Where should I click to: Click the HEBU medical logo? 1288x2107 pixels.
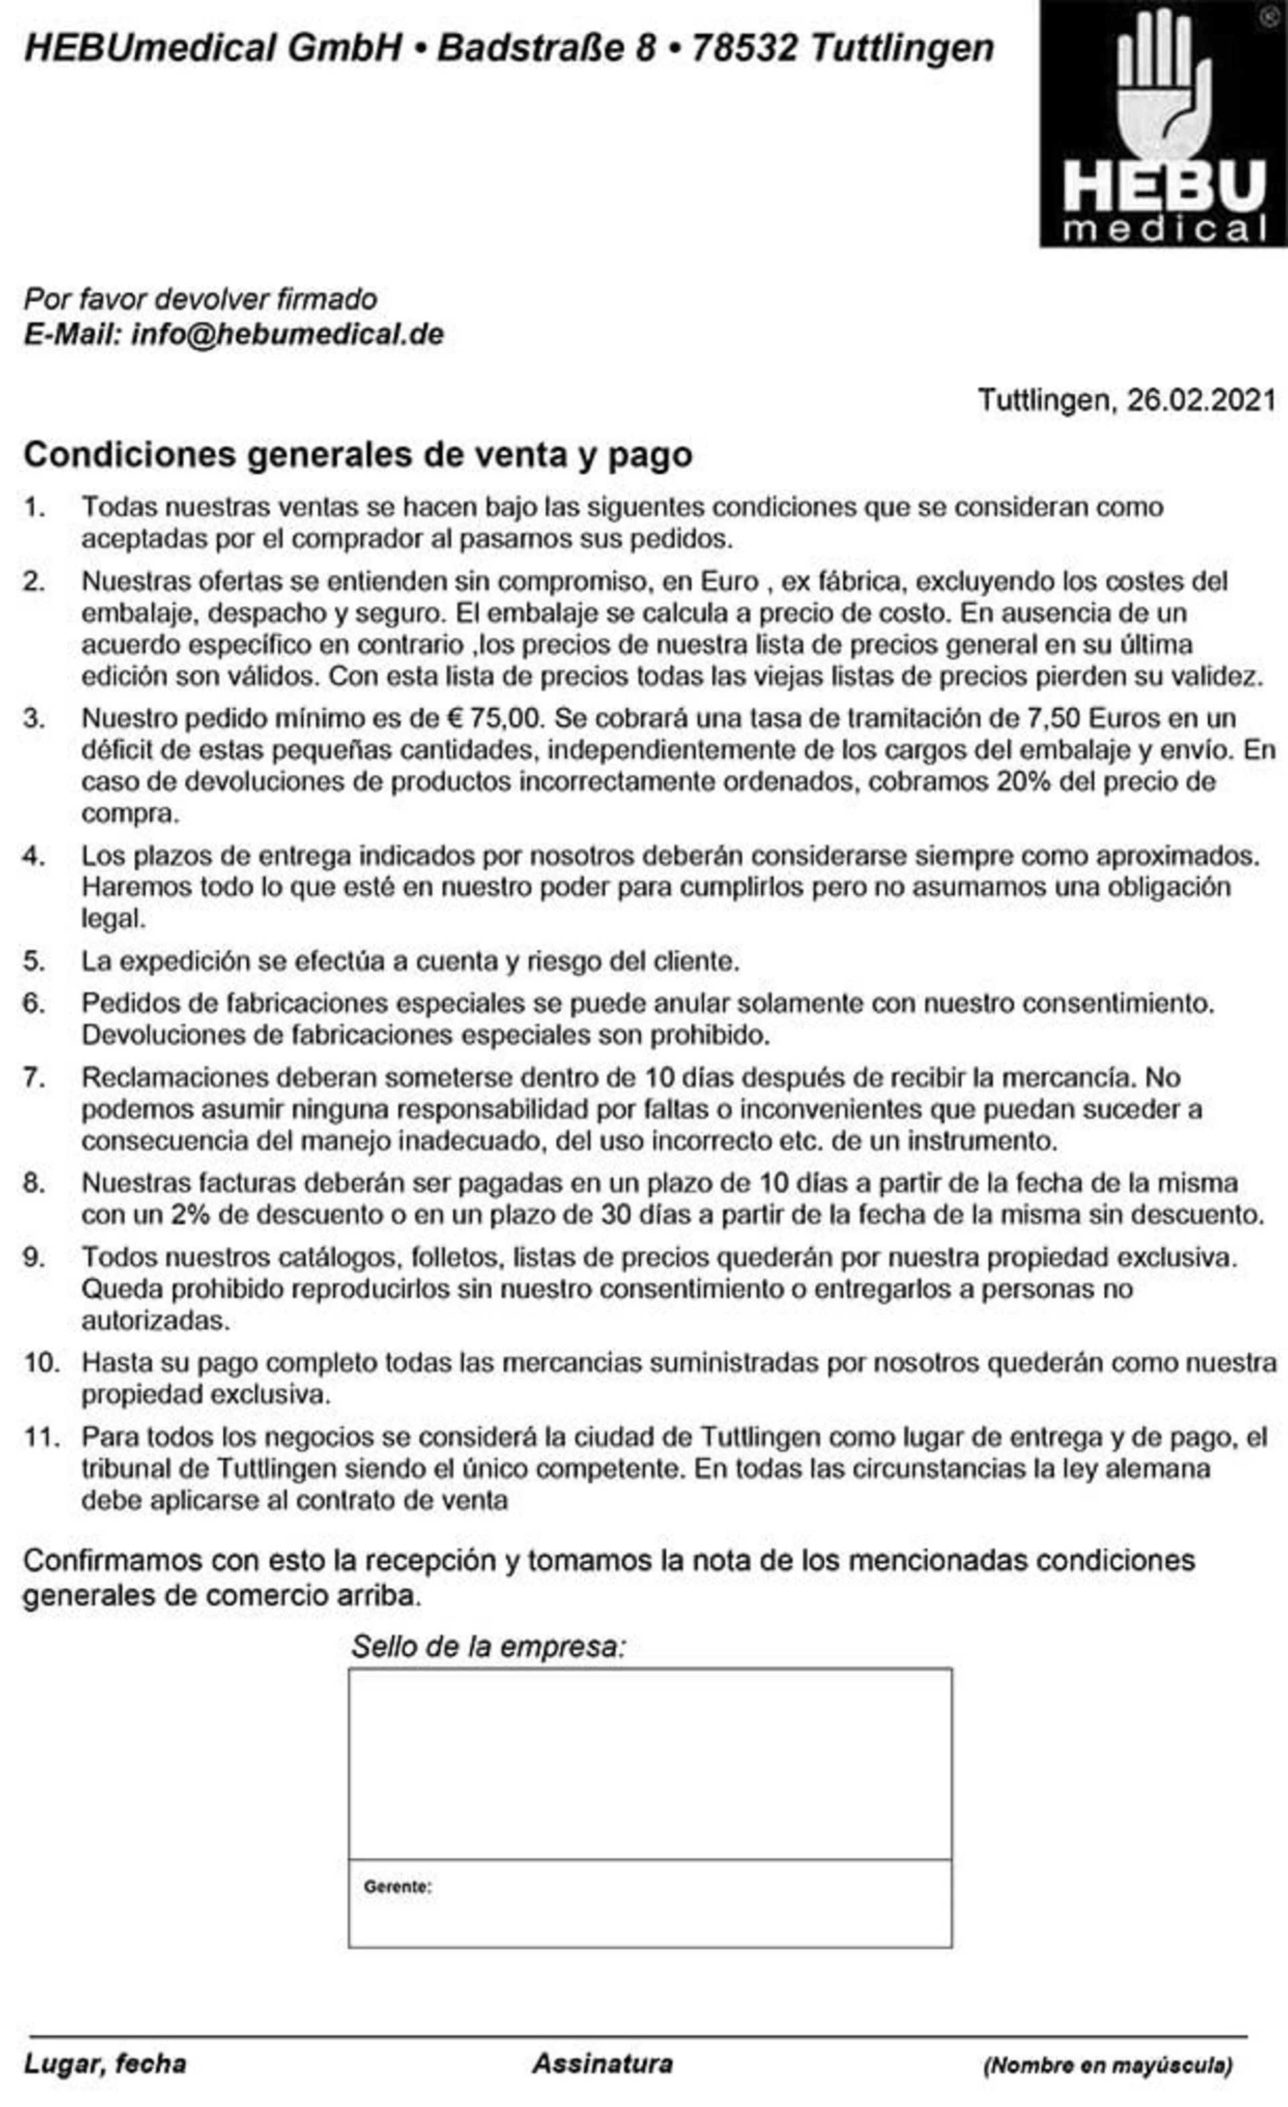pos(1163,124)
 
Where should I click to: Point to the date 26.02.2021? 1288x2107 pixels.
pos(1201,400)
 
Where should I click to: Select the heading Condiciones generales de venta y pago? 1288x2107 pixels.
pos(358,454)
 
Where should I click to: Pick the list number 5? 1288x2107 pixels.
pos(34,960)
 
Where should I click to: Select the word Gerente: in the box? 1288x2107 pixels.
pos(398,1886)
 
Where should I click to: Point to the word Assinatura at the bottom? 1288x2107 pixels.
pos(602,2063)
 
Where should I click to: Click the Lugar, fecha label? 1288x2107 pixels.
pos(105,2063)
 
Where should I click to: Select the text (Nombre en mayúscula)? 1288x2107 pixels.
pos(1108,2065)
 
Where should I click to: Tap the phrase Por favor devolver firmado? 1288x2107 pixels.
pos(200,298)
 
